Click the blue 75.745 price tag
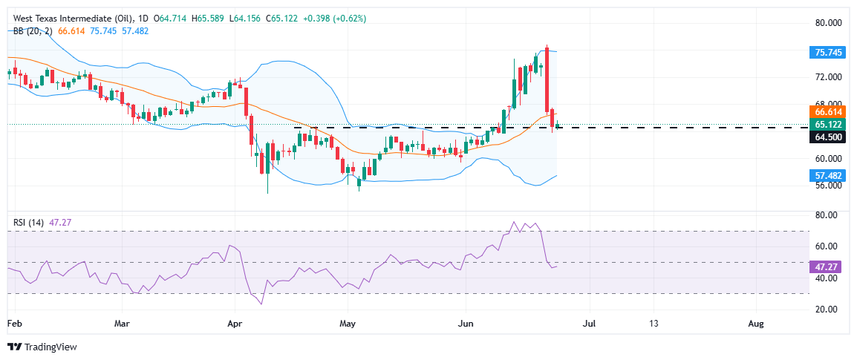(x=827, y=52)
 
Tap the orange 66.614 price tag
(x=827, y=111)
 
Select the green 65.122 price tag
(x=827, y=124)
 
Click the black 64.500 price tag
(x=827, y=137)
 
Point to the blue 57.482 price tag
(x=827, y=175)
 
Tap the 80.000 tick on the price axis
(x=826, y=23)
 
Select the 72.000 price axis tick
(x=826, y=77)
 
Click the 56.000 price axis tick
(x=826, y=186)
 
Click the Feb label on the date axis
(x=14, y=324)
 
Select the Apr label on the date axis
(x=235, y=324)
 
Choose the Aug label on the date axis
(x=756, y=324)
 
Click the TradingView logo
(x=42, y=347)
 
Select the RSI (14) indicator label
(x=27, y=221)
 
